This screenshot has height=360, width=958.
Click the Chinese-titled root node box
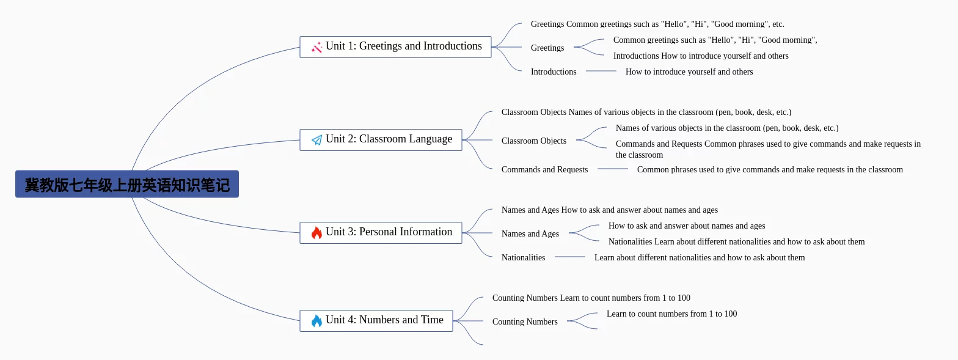127,184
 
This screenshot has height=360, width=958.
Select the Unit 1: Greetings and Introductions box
396,47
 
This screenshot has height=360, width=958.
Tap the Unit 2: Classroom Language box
381,140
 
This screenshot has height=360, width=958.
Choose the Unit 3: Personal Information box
381,233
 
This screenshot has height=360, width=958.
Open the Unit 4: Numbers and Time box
376,321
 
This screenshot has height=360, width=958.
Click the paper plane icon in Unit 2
317,140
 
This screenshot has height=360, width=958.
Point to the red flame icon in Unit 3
316,233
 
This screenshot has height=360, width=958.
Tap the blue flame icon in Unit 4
316,321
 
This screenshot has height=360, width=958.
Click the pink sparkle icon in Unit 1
317,48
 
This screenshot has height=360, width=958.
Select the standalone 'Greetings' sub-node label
547,48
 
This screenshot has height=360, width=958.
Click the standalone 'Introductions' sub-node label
554,72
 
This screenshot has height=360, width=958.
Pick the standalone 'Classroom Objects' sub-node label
534,141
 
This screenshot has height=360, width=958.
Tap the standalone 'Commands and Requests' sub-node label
544,169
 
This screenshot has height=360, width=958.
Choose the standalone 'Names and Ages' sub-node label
530,233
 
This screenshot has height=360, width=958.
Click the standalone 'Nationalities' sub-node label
523,257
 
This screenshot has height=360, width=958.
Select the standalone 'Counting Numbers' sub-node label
525,321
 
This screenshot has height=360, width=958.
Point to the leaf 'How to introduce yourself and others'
689,72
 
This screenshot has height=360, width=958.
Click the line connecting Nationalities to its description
569,257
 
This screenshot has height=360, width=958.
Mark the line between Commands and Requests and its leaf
612,169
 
